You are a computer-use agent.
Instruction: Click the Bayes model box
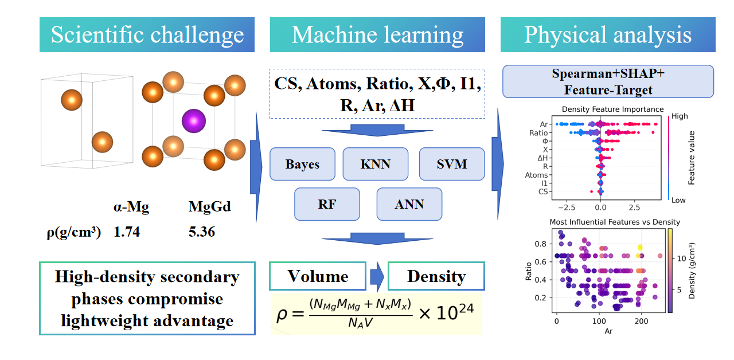pyautogui.click(x=302, y=164)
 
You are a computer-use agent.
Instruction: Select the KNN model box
pyautogui.click(x=375, y=164)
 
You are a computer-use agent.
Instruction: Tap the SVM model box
pyautogui.click(x=451, y=164)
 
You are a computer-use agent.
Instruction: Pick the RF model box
pyautogui.click(x=327, y=204)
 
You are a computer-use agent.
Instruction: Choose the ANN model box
pyautogui.click(x=409, y=204)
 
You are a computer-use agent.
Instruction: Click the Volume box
pyautogui.click(x=318, y=276)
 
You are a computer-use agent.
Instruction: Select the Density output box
pyautogui.click(x=436, y=276)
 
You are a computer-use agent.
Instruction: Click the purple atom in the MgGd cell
pyautogui.click(x=193, y=121)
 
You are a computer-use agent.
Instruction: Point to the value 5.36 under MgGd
pyautogui.click(x=202, y=233)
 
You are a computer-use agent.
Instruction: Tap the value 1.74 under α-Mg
pyautogui.click(x=127, y=233)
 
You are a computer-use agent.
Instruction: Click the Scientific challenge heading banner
pyautogui.click(x=147, y=34)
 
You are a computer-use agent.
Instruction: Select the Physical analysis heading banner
pyautogui.click(x=607, y=34)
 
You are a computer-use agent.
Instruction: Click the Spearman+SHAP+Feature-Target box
pyautogui.click(x=608, y=81)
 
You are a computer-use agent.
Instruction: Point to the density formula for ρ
pyautogui.click(x=376, y=313)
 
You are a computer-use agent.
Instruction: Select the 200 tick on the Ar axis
pyautogui.click(x=642, y=322)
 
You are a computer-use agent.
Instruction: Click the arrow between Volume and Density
pyautogui.click(x=377, y=276)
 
